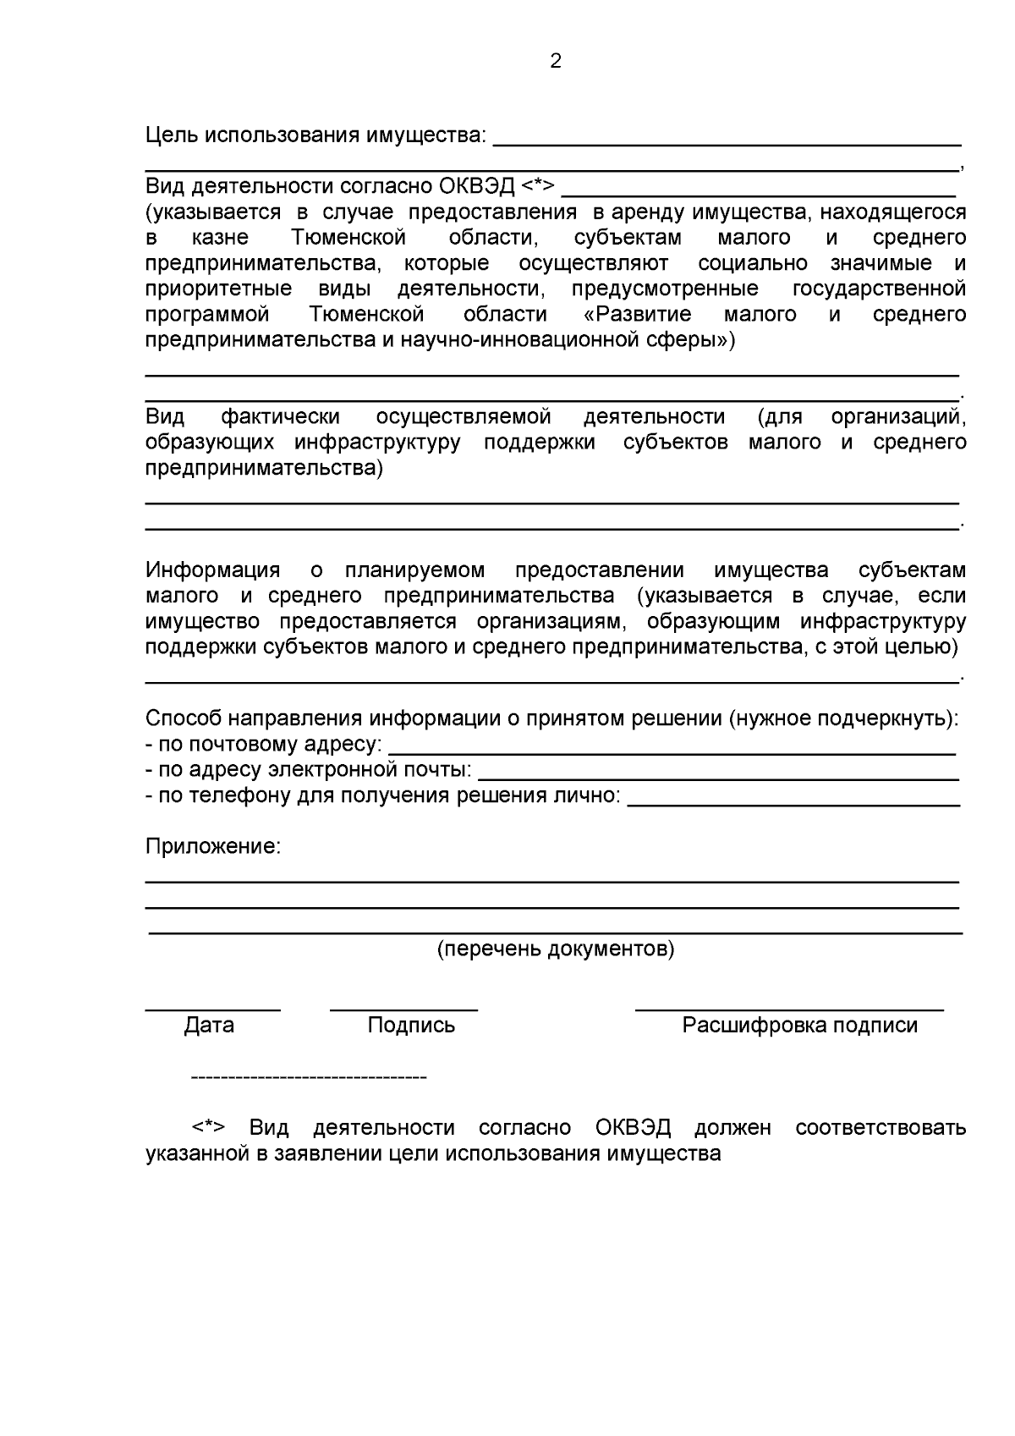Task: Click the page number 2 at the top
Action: pos(556,61)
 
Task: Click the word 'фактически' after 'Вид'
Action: pos(281,416)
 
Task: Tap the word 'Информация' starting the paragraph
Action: pos(212,570)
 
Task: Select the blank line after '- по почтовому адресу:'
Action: pos(672,752)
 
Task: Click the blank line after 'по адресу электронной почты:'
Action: pos(718,778)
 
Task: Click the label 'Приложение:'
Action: pos(212,846)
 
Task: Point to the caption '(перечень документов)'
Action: pos(556,949)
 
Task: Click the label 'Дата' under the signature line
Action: pos(209,1026)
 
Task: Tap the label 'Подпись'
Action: pos(411,1026)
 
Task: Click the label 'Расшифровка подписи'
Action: pos(799,1026)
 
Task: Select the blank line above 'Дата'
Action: pos(212,1010)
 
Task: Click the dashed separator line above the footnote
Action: pos(309,1078)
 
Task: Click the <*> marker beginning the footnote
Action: pos(208,1128)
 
